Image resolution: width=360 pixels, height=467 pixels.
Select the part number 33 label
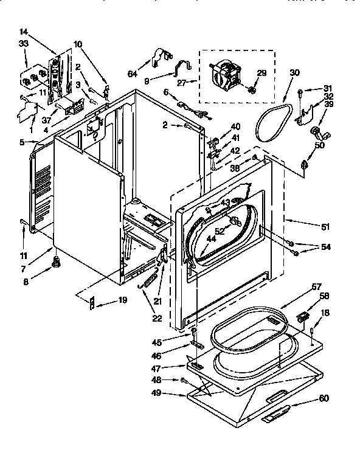point(23,43)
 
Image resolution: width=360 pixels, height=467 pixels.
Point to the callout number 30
point(295,73)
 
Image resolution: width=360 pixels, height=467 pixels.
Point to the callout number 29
point(261,74)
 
